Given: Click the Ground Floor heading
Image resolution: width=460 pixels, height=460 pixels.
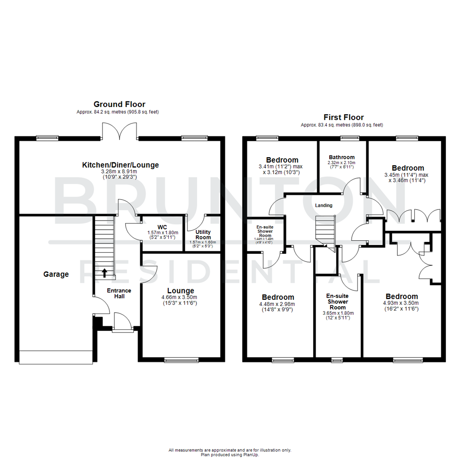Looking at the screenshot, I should pos(119,104).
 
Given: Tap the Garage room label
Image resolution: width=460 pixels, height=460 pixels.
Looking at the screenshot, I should pos(56,274).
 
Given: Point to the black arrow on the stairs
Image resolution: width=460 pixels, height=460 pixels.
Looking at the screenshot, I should pos(104,273).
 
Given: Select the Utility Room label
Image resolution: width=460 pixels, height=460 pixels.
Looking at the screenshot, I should pos(203,235).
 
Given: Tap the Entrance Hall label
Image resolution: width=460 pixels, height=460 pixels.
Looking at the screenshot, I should pos(119,293).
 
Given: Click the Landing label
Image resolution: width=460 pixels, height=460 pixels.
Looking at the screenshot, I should pos(323,205).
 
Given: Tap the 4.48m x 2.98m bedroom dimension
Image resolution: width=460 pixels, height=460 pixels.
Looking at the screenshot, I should pos(278,304).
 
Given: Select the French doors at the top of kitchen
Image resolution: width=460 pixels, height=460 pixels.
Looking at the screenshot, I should pos(120,132).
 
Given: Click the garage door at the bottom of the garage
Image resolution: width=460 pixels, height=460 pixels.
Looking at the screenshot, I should pos(56,357).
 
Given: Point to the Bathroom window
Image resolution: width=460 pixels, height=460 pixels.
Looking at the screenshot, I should pos(349,138).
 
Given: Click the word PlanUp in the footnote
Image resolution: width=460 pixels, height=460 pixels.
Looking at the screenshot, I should pos(251,455).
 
